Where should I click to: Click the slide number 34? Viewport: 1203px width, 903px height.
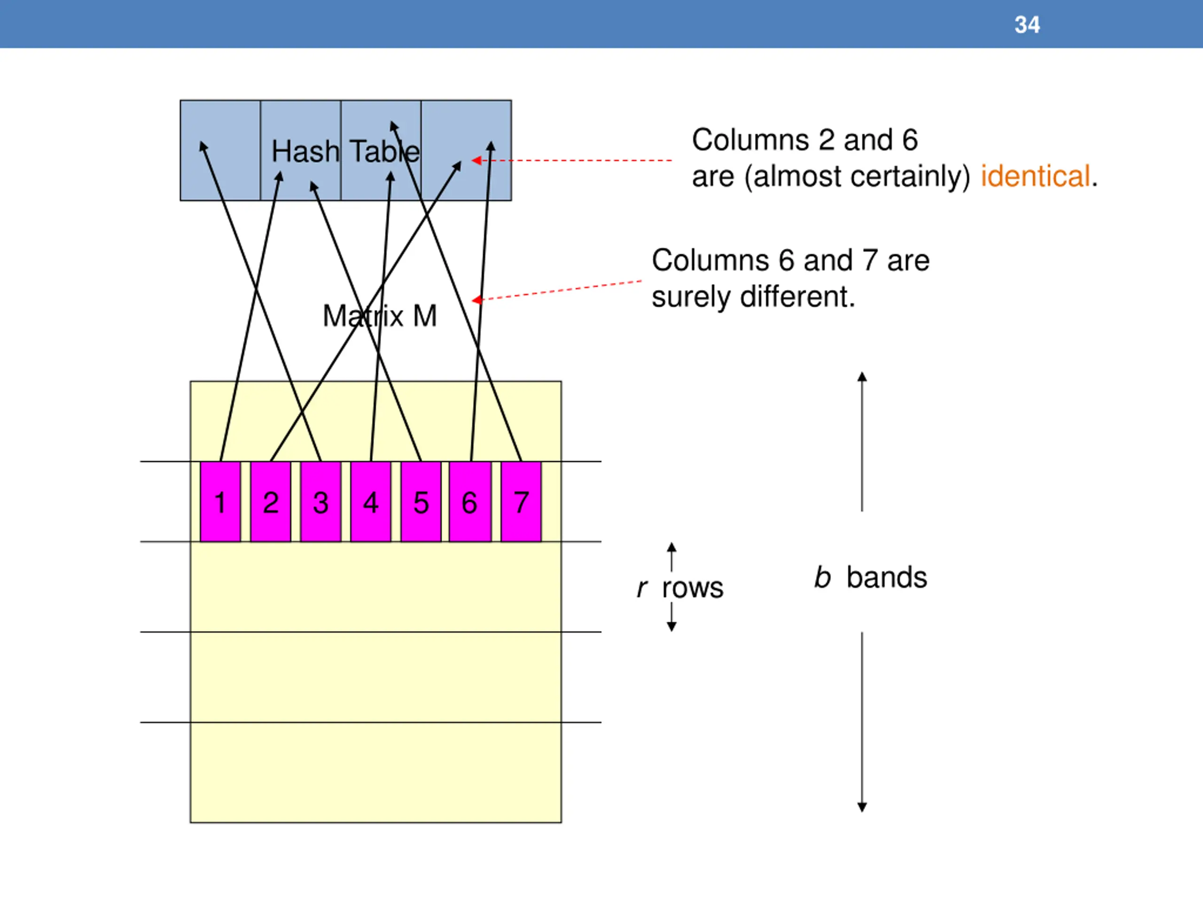pyautogui.click(x=1027, y=25)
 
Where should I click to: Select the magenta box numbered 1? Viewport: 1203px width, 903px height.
pyautogui.click(x=220, y=501)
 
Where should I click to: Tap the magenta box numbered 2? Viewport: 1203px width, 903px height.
pyautogui.click(x=271, y=501)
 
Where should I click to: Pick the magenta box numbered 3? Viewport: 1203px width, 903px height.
pyautogui.click(x=321, y=501)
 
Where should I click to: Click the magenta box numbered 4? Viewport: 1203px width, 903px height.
pyautogui.click(x=371, y=501)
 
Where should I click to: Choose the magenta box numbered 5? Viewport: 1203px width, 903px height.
pyautogui.click(x=421, y=501)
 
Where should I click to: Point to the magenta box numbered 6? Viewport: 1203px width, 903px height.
pyautogui.click(x=470, y=501)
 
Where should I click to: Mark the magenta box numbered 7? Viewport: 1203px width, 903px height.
pyautogui.click(x=521, y=501)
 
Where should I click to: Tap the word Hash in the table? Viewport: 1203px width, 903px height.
pyautogui.click(x=305, y=151)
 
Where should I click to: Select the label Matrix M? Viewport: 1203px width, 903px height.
pyautogui.click(x=380, y=316)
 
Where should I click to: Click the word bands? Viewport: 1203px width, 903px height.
pyautogui.click(x=886, y=578)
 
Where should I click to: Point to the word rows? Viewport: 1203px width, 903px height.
pyautogui.click(x=693, y=588)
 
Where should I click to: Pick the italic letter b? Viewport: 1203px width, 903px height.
pyautogui.click(x=822, y=578)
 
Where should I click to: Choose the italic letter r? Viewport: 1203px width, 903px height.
pyautogui.click(x=642, y=588)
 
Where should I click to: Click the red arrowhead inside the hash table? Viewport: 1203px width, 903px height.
pyautogui.click(x=477, y=160)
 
